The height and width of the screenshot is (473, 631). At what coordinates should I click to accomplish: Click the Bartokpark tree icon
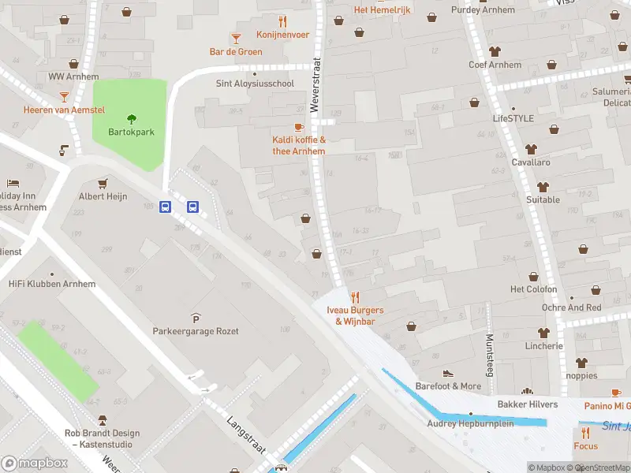click(x=131, y=120)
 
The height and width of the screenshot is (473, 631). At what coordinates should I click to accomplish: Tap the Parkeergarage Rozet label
click(x=196, y=331)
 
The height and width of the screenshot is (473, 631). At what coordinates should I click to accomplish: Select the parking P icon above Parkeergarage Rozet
click(x=196, y=317)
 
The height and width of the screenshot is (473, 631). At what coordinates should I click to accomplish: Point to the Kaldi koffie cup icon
click(x=299, y=127)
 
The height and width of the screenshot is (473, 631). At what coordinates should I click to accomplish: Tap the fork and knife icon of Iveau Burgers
click(x=355, y=297)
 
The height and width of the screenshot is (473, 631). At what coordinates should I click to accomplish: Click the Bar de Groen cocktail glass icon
click(x=235, y=38)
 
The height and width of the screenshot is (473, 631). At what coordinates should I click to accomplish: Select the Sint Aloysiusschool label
click(x=255, y=83)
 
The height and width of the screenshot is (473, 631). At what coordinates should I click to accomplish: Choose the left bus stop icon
click(x=166, y=207)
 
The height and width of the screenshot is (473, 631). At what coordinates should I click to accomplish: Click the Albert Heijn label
click(x=102, y=196)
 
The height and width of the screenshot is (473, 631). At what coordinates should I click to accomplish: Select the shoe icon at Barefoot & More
click(x=448, y=373)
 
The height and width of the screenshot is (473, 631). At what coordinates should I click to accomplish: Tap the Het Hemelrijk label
click(x=383, y=9)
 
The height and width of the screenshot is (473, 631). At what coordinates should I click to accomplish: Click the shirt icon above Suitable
click(x=543, y=187)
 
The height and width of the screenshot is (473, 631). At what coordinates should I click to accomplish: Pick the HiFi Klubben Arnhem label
click(x=52, y=284)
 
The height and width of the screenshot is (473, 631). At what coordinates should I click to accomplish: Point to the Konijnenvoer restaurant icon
click(x=282, y=21)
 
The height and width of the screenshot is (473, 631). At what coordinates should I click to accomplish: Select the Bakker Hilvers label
click(x=527, y=404)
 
